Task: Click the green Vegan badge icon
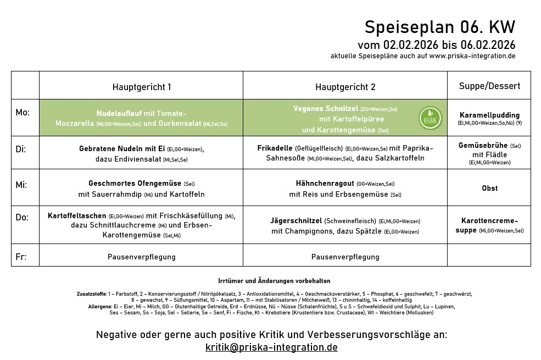coord(430,118)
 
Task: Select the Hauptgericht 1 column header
coord(142,87)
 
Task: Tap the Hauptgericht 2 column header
coord(345,87)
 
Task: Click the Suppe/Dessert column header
coord(489,86)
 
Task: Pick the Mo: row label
coord(23,113)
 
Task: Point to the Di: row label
coord(21,149)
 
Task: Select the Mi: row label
coord(21,185)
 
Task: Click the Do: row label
coord(22,218)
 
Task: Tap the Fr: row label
coord(21,257)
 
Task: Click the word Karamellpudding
coord(489,115)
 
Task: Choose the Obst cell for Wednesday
coord(489,188)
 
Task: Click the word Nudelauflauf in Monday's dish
coord(119,113)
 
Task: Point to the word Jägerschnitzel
coord(296,220)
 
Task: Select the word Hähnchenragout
coord(325,184)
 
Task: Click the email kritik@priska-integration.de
coord(271,347)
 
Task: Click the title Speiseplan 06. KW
coord(440,27)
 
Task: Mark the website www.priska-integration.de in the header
coord(472,56)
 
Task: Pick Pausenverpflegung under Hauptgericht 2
coord(345,257)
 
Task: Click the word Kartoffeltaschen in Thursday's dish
coord(77,216)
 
